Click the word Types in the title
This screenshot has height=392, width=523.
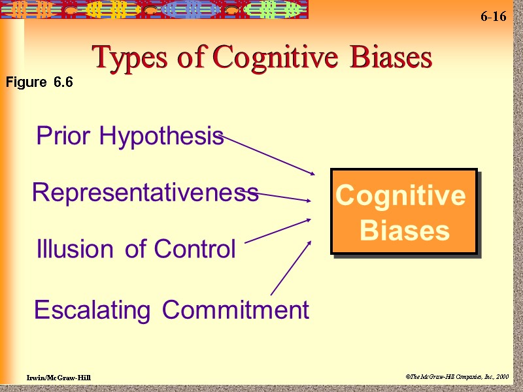pos(126,58)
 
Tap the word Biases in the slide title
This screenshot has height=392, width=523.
pos(390,58)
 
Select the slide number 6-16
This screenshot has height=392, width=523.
pos(493,17)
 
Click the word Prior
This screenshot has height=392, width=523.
pos(65,136)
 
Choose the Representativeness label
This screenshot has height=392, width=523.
pos(145,193)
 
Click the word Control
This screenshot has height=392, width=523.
pos(194,249)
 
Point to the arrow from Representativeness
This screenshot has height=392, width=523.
pos(281,195)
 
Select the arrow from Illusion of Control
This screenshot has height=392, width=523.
pos(278,231)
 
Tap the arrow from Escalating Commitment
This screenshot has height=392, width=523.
pos(290,269)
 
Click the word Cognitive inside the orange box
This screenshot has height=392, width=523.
pos(400,195)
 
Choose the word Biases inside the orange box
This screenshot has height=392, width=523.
pos(405,231)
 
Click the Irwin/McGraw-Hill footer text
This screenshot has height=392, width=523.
pos(59,378)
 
